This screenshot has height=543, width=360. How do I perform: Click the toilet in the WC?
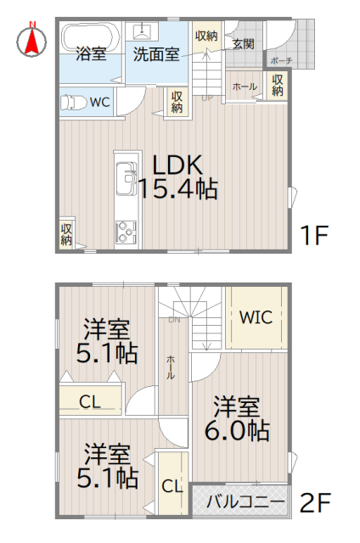point(74,103)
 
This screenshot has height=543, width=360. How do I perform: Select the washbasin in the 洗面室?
point(140,32)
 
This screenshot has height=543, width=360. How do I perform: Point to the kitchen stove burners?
point(126,232)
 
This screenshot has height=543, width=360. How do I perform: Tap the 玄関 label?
point(242,43)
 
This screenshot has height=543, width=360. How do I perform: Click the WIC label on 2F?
point(255,318)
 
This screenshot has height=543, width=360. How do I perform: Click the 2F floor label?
point(313,502)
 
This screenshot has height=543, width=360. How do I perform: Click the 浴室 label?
point(91,54)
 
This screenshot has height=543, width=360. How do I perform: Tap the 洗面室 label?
point(155,54)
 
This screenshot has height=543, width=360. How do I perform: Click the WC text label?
point(100,103)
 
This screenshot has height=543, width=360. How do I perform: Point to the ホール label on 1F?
point(245,86)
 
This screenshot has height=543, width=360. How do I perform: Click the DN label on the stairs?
point(174,320)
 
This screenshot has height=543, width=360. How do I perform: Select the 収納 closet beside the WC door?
point(177,101)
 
